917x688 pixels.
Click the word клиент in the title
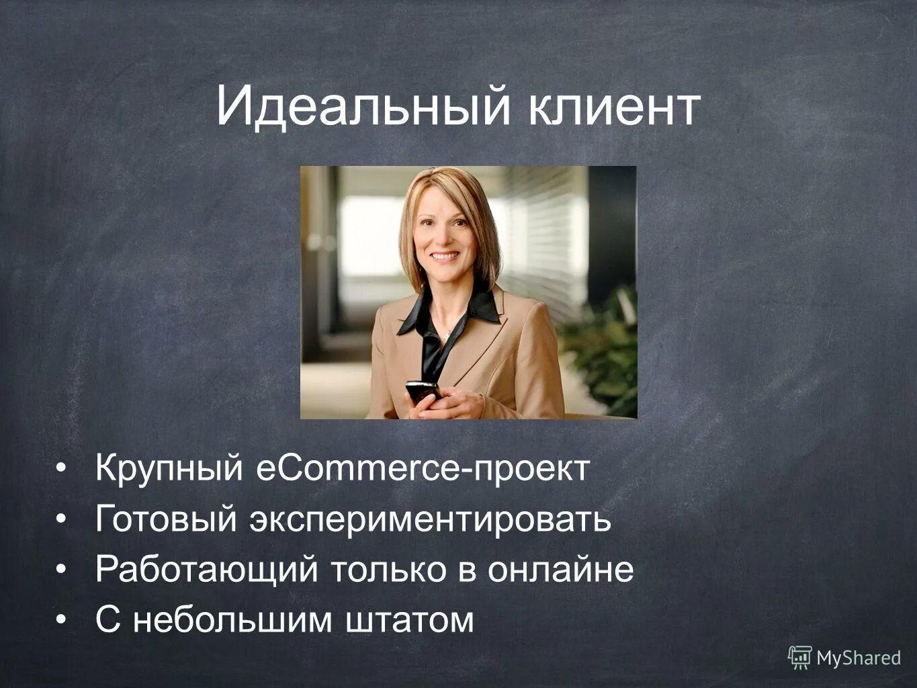pos(613,107)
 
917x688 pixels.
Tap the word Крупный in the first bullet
pos(168,469)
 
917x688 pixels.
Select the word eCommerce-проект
pos(423,468)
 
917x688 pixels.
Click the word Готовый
pos(167,519)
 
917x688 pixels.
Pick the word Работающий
pos(206,570)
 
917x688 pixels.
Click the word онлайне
pos(560,570)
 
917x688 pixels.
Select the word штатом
pos(410,619)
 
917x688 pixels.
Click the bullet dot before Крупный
pos(61,468)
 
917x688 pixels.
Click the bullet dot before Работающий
pos(61,569)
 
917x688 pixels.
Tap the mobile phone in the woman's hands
pos(422,390)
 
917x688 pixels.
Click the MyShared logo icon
pos(799,658)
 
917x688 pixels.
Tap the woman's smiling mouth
pos(445,256)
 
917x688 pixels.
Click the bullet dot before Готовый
pos(61,519)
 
